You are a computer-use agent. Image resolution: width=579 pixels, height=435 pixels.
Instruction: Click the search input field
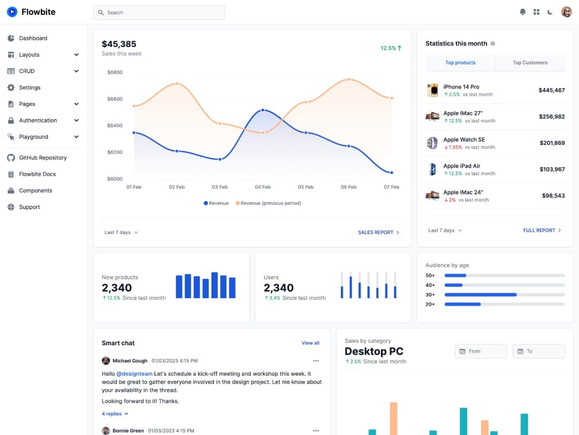[x=159, y=12]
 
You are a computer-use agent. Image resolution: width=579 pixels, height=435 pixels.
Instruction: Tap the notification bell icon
[x=523, y=12]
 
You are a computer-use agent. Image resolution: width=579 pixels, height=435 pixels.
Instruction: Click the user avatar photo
[x=567, y=12]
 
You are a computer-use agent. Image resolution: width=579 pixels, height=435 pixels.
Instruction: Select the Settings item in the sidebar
[x=30, y=88]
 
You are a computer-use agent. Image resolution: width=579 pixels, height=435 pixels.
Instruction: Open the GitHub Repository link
[x=43, y=158]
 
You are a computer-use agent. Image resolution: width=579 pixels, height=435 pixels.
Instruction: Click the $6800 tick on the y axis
[x=115, y=72]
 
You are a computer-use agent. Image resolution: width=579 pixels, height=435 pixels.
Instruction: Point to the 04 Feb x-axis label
[x=262, y=187]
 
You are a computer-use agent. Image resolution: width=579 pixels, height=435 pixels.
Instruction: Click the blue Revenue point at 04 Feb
[x=262, y=110]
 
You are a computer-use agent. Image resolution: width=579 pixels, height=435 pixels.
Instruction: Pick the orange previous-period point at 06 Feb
[x=348, y=80]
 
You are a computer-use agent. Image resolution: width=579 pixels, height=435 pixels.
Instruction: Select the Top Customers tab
[x=530, y=63]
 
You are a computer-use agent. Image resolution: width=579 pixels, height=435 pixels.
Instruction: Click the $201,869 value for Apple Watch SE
[x=552, y=143]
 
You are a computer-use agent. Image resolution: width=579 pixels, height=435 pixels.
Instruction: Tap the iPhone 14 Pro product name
[x=461, y=87]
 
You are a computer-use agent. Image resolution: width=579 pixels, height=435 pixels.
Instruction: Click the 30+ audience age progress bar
[x=504, y=294]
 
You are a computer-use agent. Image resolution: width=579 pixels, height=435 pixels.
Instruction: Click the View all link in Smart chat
[x=310, y=343]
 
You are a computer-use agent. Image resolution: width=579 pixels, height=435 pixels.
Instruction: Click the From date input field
[x=481, y=351]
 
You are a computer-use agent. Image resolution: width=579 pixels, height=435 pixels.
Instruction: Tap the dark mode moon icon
[x=550, y=12]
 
